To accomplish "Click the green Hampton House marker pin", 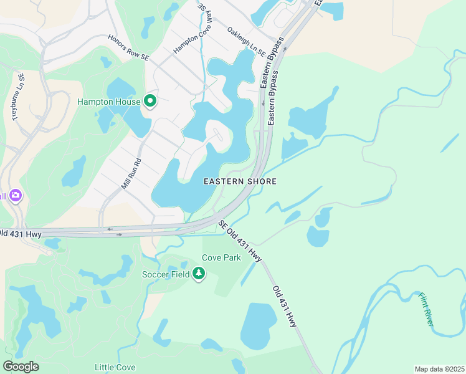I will (x=150, y=100).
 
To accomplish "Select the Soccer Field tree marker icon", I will (x=199, y=273).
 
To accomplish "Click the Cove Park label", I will (x=217, y=257).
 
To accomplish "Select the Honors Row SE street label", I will (x=129, y=48).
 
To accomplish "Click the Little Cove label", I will (x=115, y=367).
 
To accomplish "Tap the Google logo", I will (x=21, y=367).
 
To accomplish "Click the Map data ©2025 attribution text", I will (x=439, y=369).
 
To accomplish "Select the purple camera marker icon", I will (x=16, y=196).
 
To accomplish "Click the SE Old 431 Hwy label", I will (x=239, y=240).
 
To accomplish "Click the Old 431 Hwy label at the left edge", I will (x=21, y=234).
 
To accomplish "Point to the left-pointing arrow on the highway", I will (x=110, y=229).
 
